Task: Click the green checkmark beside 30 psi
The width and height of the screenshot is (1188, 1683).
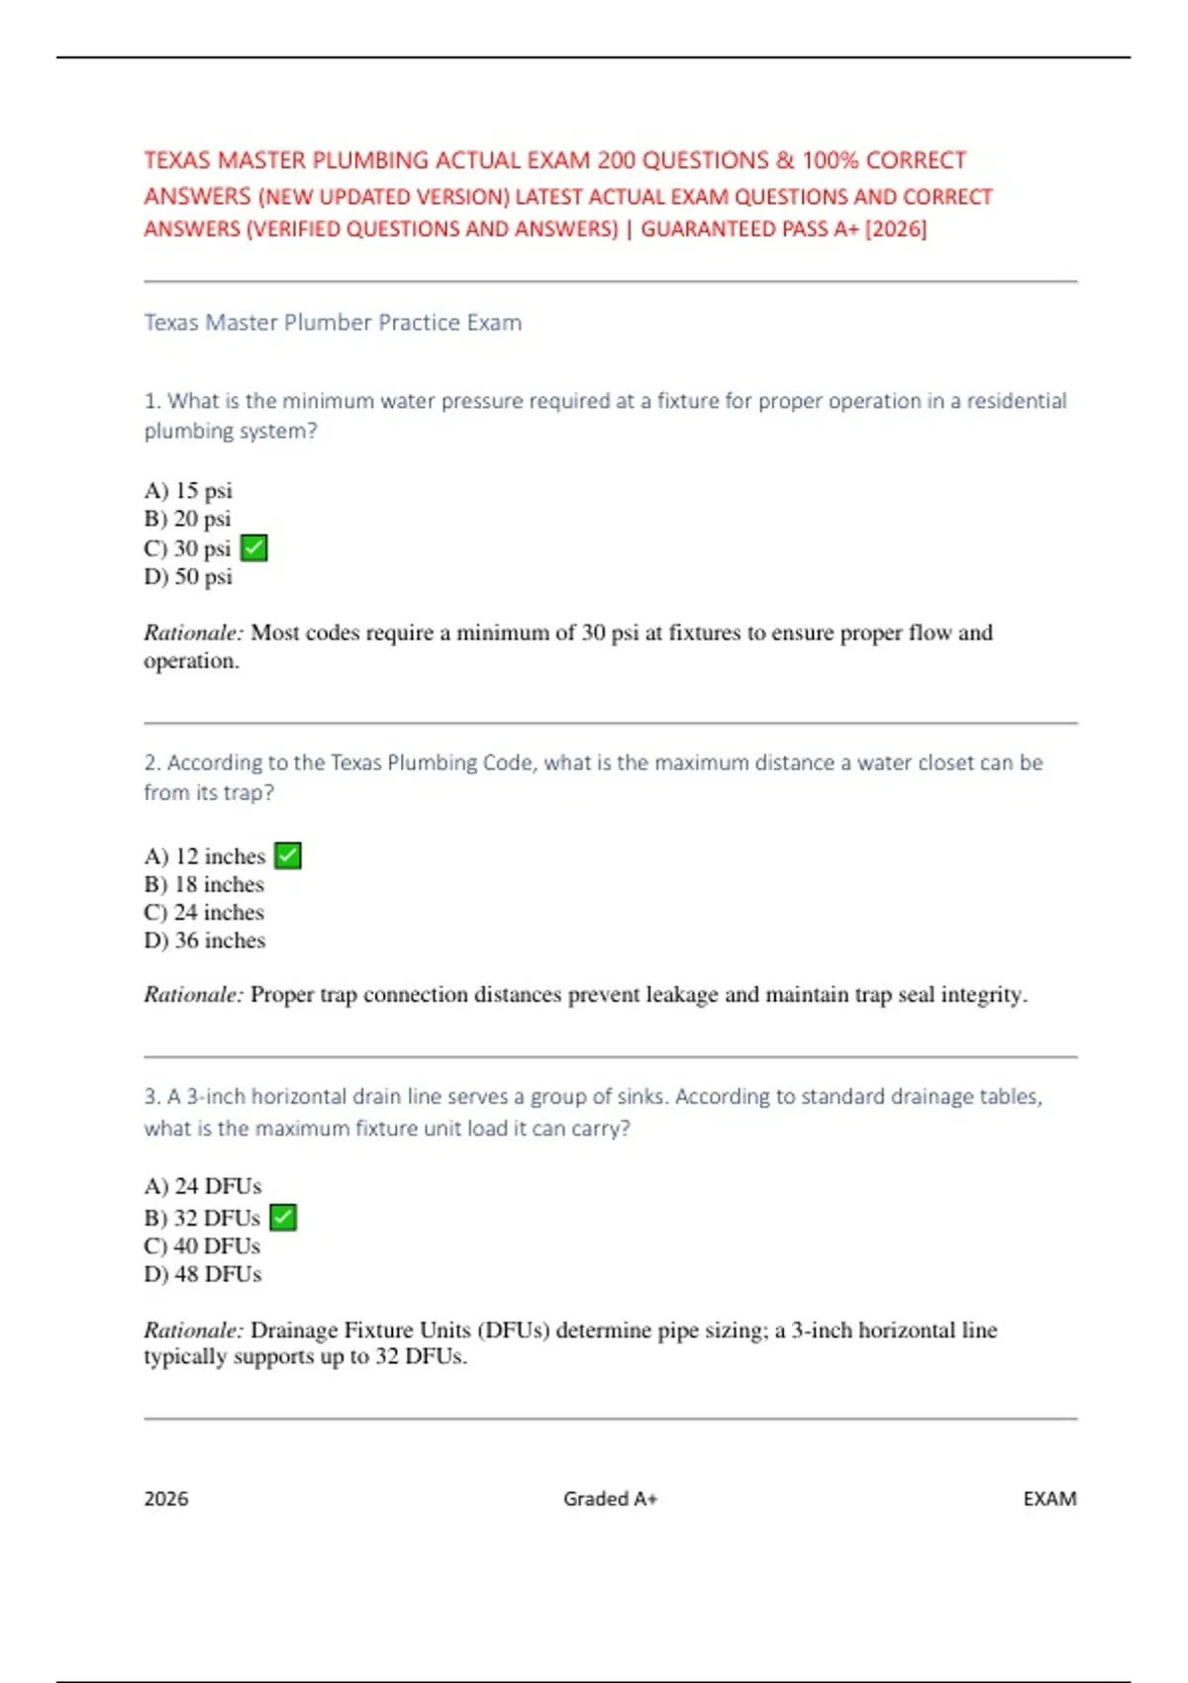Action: [x=254, y=547]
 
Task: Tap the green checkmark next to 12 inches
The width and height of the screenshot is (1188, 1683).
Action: [x=288, y=855]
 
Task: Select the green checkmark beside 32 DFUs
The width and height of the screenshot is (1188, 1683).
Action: [x=283, y=1217]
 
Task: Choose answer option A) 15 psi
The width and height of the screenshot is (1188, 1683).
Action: [x=188, y=490]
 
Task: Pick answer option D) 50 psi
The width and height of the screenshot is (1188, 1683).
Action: [x=188, y=576]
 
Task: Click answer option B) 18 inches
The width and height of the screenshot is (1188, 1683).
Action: [x=204, y=884]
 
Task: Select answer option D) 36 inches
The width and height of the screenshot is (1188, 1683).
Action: [x=205, y=940]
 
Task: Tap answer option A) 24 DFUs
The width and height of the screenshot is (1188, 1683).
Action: [x=203, y=1186]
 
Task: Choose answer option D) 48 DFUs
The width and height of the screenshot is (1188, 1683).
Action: [x=203, y=1274]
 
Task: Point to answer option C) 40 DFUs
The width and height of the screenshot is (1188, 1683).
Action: [x=202, y=1245]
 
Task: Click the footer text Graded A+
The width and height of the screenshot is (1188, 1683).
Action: [x=610, y=1499]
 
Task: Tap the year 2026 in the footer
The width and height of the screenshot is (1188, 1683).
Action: [x=166, y=1499]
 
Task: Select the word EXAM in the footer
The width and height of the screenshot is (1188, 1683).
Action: [x=1049, y=1499]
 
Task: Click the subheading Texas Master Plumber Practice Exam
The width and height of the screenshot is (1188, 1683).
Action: [x=333, y=323]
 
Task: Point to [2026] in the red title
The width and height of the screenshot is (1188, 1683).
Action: [x=896, y=230]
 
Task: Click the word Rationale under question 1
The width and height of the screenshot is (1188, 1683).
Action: [x=193, y=633]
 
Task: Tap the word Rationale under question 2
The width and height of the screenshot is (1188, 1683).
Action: [x=193, y=995]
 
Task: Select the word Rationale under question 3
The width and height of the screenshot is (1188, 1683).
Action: [x=193, y=1331]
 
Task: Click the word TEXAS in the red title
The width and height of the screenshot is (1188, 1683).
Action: [x=177, y=160]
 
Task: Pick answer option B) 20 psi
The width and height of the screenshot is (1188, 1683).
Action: [x=188, y=519]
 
